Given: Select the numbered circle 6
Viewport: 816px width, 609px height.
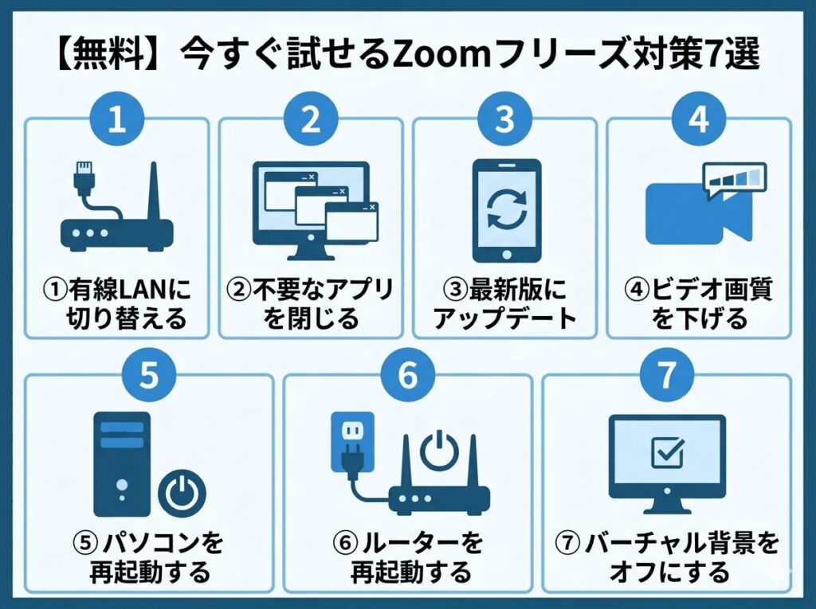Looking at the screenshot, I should point(407,376).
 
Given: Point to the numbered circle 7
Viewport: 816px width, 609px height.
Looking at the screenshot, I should point(665,376).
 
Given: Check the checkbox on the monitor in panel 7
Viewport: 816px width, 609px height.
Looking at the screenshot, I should point(665,453).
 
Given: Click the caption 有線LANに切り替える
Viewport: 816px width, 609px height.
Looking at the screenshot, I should point(117,303).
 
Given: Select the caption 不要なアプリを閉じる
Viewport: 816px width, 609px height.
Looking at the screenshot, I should point(311,303).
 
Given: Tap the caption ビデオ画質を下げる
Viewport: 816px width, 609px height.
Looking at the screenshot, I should point(699,303).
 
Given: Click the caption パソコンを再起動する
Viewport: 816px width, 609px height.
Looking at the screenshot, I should point(148,557).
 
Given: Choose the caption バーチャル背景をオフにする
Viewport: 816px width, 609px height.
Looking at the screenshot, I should point(666,557).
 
